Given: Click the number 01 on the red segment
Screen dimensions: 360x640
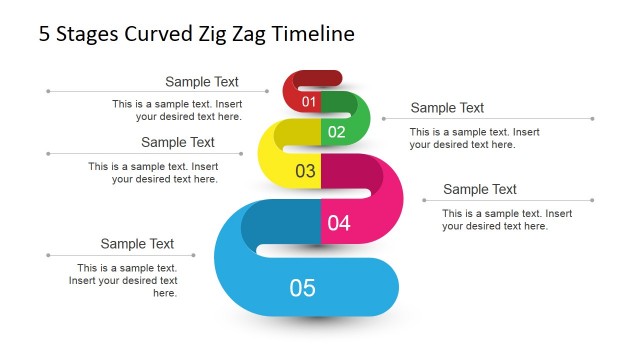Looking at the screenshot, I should tap(308, 102).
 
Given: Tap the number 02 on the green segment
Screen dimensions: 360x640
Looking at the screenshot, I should tap(336, 132).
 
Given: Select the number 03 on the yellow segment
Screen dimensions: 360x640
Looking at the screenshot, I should tap(305, 171).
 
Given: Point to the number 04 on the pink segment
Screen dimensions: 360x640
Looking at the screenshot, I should tap(339, 223).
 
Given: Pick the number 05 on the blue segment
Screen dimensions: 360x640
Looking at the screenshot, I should tap(302, 288).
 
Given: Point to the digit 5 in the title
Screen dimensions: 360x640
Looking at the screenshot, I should tap(45, 34).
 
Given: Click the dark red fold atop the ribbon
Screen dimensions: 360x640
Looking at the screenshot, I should tap(315, 78).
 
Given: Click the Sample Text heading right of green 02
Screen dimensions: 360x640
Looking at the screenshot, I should tap(447, 108).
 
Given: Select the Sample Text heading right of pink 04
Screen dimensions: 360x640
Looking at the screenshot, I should tap(480, 189).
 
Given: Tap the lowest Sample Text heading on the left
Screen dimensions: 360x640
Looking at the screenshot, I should tap(137, 244).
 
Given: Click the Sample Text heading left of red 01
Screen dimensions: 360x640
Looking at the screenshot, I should tap(202, 82).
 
